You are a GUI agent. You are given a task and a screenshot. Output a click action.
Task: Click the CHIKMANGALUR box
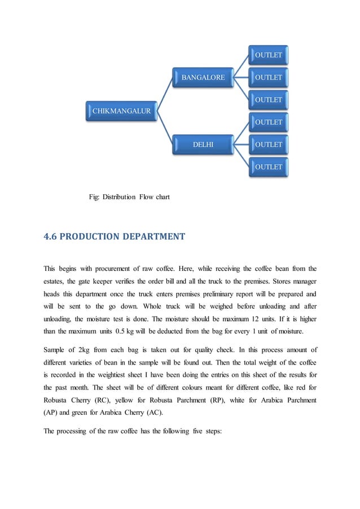coord(121,111)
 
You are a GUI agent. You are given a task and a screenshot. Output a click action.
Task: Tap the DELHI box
coord(203,144)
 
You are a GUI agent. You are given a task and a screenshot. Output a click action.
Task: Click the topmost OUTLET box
coord(269,55)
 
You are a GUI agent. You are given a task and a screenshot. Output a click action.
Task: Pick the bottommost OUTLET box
coord(269,167)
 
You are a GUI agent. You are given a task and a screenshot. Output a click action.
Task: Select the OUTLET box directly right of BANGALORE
coord(269,77)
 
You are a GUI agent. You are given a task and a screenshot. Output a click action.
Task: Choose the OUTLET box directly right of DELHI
coord(269,144)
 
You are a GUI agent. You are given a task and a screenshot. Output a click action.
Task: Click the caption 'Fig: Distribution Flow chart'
coord(129,197)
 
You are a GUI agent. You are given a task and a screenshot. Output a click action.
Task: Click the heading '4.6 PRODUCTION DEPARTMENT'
coord(114,236)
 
